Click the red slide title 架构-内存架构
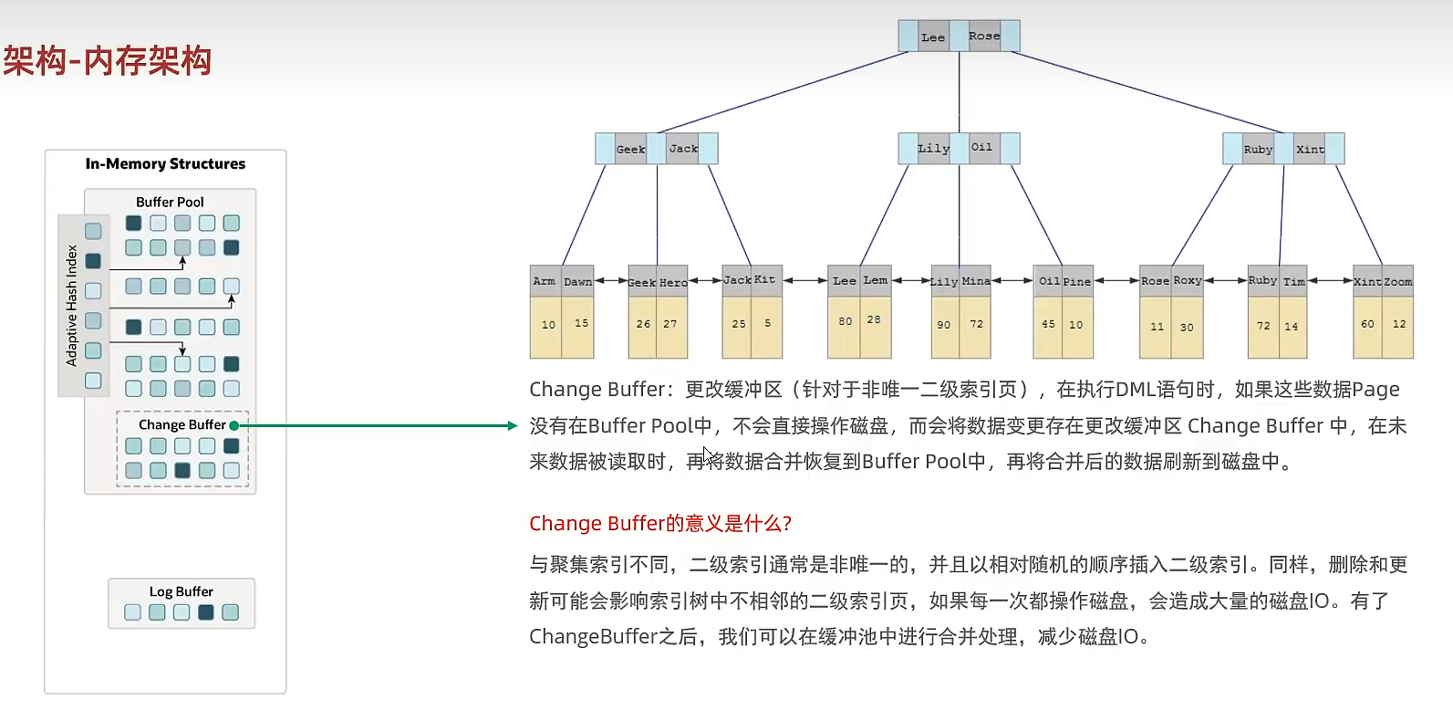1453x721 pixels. pos(107,61)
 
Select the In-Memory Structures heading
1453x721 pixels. pos(165,164)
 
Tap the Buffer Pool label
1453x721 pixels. pos(170,202)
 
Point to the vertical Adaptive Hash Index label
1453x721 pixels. pos(72,305)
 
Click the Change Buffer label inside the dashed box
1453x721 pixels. pos(182,424)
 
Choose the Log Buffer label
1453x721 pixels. pos(181,591)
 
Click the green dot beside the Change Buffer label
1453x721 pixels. pos(234,425)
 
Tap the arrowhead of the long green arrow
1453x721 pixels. pos(513,425)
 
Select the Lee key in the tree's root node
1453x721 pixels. pos(933,37)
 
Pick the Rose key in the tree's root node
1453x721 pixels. pos(984,37)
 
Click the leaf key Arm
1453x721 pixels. pos(545,281)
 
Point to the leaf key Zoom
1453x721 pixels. pos(1398,282)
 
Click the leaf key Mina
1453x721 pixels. pos(976,281)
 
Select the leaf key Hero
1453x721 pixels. pos(673,283)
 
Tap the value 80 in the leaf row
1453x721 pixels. pos(846,321)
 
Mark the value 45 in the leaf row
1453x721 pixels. pos(1048,324)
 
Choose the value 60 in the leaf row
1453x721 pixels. pos(1367,324)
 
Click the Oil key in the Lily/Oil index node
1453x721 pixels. pos(981,147)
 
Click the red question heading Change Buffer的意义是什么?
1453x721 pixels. pos(660,523)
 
